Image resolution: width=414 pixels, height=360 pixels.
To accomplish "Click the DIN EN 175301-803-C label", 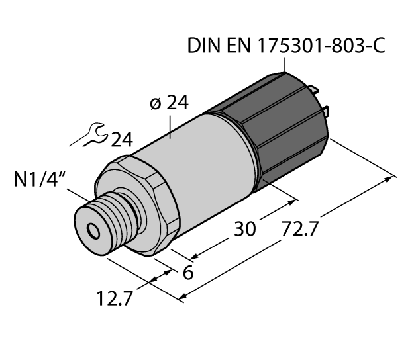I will pyautogui.click(x=286, y=46).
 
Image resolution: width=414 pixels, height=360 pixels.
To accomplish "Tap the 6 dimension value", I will pyautogui.click(x=187, y=272).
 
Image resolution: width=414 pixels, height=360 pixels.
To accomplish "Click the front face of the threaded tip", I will pyautogui.click(x=89, y=228).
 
